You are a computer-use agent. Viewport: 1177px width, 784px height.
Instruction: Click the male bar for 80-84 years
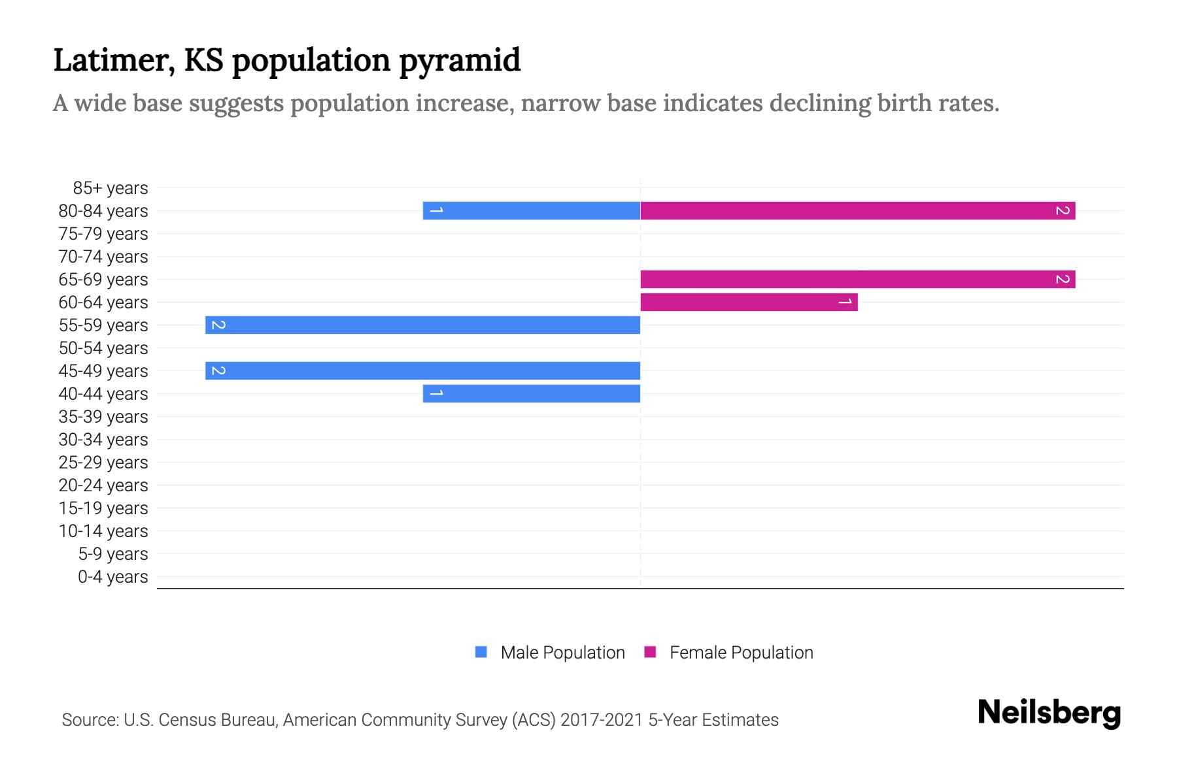[531, 210]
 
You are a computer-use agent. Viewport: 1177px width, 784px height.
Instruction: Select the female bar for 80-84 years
[857, 210]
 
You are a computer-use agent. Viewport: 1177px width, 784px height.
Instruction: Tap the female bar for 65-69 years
[857, 279]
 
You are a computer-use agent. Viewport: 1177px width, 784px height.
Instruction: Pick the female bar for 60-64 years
[749, 302]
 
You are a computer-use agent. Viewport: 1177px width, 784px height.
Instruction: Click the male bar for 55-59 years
[422, 325]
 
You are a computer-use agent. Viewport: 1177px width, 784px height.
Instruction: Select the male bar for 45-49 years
[422, 370]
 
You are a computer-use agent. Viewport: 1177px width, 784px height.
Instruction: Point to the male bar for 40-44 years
[531, 393]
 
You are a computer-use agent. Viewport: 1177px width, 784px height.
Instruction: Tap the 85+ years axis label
[111, 188]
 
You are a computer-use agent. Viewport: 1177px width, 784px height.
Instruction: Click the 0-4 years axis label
[112, 577]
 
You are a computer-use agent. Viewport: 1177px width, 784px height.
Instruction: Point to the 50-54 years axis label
[103, 348]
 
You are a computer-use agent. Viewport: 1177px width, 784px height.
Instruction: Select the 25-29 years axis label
[103, 463]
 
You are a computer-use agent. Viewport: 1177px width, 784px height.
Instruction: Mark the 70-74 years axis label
[103, 257]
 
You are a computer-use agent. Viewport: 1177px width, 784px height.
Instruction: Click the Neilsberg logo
[1049, 712]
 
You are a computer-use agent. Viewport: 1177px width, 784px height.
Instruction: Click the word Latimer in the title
[112, 60]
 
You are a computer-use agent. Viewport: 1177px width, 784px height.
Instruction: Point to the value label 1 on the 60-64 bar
[845, 302]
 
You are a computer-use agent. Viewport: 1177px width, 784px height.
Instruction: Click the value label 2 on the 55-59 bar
[218, 325]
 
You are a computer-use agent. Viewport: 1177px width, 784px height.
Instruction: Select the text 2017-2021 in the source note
[602, 720]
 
